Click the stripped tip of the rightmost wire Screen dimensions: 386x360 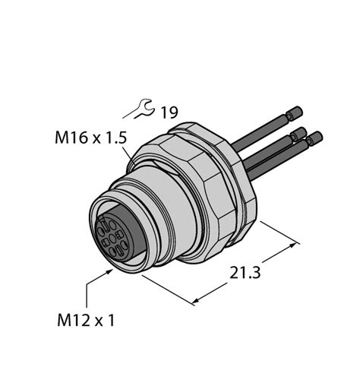[x=314, y=138]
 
